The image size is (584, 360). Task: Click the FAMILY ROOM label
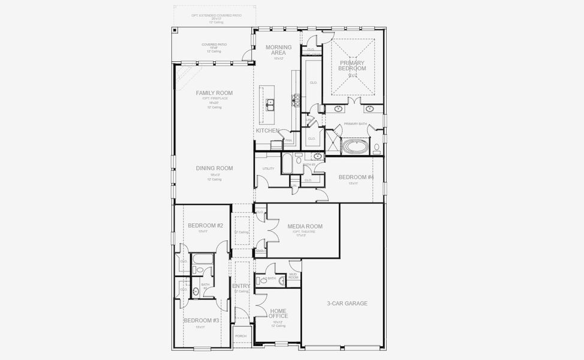click(214, 93)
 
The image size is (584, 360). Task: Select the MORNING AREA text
click(278, 50)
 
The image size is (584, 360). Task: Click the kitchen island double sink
click(270, 106)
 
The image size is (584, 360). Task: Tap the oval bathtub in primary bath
click(356, 146)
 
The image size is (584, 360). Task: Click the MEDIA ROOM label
click(305, 226)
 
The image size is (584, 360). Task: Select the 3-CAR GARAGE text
click(347, 303)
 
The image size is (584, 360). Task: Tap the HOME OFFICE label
click(278, 313)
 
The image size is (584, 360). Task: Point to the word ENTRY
click(241, 286)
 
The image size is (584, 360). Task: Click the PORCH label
click(240, 336)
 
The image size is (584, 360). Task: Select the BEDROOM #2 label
click(205, 226)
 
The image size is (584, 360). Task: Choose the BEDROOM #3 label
click(201, 320)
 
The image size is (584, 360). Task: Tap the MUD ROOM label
click(293, 276)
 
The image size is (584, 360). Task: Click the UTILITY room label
click(268, 169)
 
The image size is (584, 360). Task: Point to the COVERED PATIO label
click(214, 44)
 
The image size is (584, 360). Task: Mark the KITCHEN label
click(267, 130)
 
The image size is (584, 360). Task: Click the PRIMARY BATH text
click(355, 124)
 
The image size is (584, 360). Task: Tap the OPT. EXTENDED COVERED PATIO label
click(216, 15)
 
